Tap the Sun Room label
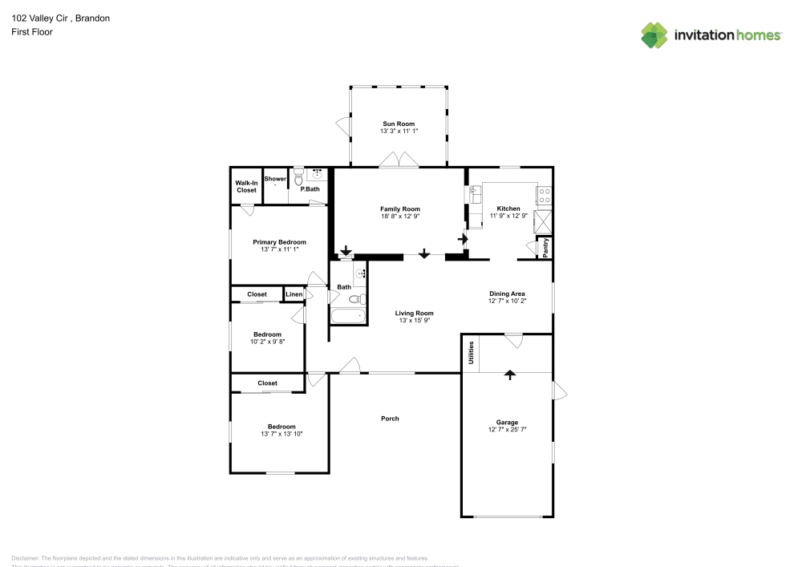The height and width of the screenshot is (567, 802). point(399,124)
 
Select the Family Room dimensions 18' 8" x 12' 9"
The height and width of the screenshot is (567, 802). point(399,216)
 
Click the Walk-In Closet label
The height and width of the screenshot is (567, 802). point(246,186)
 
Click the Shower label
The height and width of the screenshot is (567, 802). point(275,179)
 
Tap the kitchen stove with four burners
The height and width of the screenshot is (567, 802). point(544,193)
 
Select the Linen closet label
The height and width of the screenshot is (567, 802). point(294,294)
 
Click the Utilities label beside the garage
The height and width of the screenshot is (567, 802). point(471,352)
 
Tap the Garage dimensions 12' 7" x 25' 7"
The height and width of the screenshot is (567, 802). point(507,429)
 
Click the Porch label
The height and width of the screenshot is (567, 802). point(390,419)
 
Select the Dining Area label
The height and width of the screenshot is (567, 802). point(506,294)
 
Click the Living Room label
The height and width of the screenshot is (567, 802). point(414,313)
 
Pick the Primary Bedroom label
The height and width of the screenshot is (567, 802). point(279,241)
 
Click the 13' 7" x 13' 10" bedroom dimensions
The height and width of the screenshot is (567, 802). point(282,434)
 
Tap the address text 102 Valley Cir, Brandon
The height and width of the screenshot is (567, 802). point(60,18)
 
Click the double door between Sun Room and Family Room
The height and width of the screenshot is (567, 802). point(400,162)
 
